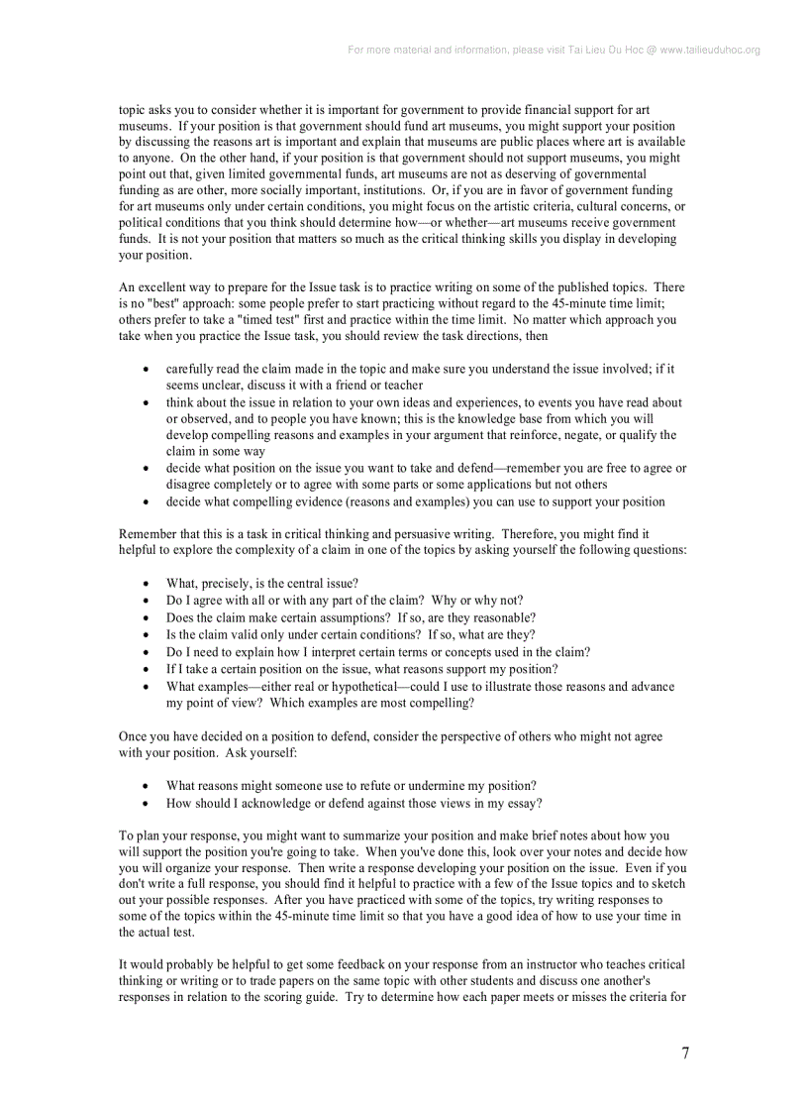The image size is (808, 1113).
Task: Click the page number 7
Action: pos(685,1054)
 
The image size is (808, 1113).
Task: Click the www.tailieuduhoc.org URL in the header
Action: pos(710,50)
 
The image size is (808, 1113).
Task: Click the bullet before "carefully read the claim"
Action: pos(147,369)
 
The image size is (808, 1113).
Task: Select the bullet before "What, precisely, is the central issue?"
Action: pos(147,584)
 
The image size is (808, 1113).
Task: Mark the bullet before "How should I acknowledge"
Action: pos(147,804)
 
